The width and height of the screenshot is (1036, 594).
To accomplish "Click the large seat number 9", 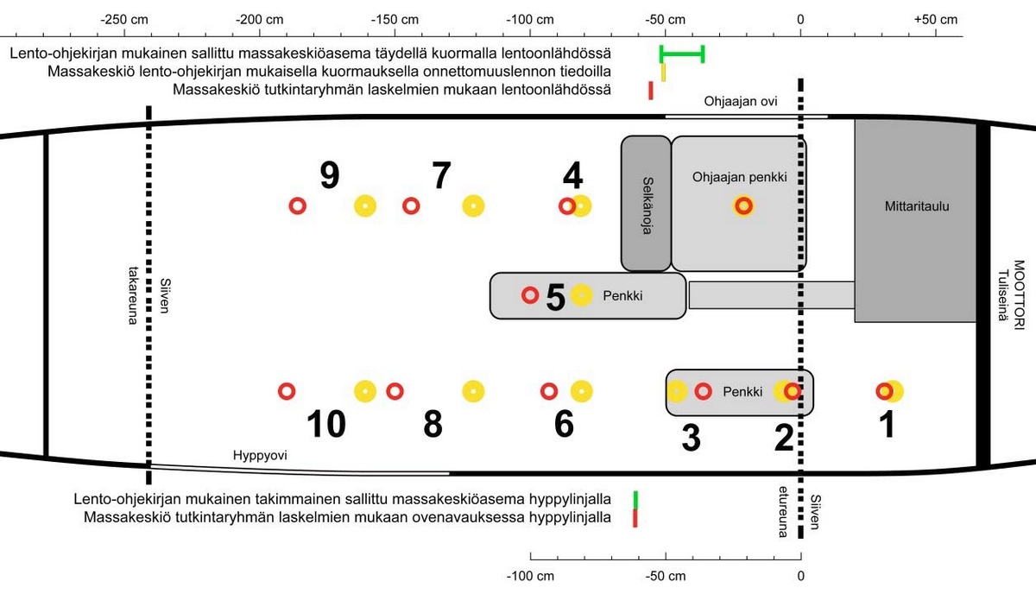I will [329, 176].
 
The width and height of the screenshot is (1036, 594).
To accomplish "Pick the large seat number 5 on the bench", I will [555, 298].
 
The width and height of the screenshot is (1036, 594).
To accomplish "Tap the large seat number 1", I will [887, 425].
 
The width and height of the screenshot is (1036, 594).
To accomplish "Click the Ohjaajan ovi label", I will [741, 101].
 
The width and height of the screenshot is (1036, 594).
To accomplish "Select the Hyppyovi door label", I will [260, 455].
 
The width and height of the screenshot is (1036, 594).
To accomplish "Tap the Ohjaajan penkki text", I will [740, 177].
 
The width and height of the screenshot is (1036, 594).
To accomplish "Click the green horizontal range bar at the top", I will [682, 54].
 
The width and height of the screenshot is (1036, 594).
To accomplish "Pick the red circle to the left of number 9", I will [297, 206].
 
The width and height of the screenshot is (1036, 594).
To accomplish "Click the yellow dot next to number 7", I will [472, 206].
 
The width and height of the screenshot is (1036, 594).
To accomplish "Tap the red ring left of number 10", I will [287, 391].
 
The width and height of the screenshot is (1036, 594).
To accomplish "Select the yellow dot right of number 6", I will [583, 391].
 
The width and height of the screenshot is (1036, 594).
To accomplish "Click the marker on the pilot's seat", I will [743, 206].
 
